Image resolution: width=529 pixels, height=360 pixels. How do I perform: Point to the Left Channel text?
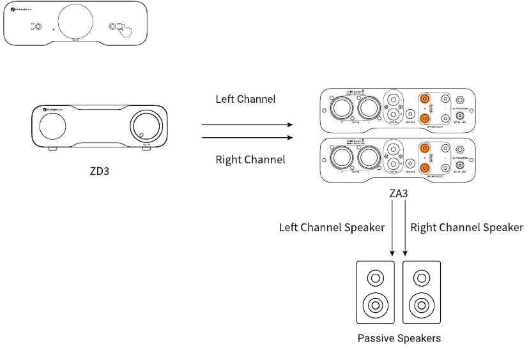245,100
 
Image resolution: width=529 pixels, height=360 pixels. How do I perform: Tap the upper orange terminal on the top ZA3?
424,100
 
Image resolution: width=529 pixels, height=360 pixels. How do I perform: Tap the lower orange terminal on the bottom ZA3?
424,167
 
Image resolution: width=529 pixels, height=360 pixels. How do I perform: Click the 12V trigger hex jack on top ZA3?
459,100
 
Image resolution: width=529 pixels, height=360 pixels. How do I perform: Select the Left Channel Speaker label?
332,227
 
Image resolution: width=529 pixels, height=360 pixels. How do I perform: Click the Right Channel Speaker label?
466,227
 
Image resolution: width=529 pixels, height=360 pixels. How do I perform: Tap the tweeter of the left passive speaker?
374,278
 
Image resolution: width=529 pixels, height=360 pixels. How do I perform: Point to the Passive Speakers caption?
399,338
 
